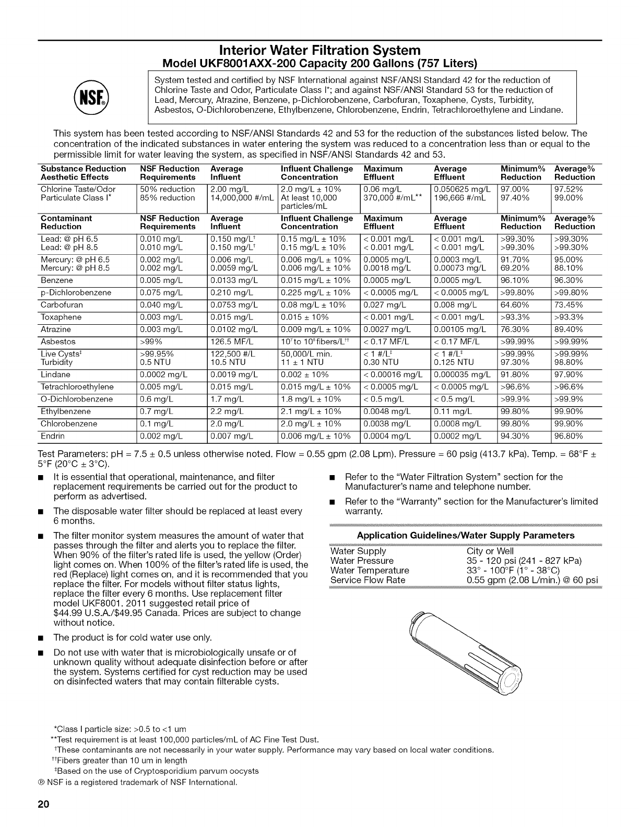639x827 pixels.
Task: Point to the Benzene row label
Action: pos(57,280)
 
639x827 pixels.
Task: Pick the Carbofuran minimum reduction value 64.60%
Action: pos(515,305)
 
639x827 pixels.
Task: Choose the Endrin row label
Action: pos(53,436)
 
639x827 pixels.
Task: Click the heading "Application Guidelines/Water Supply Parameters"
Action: pos(465,535)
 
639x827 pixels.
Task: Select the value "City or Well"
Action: pos(490,551)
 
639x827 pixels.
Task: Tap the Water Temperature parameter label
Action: pos(370,570)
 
